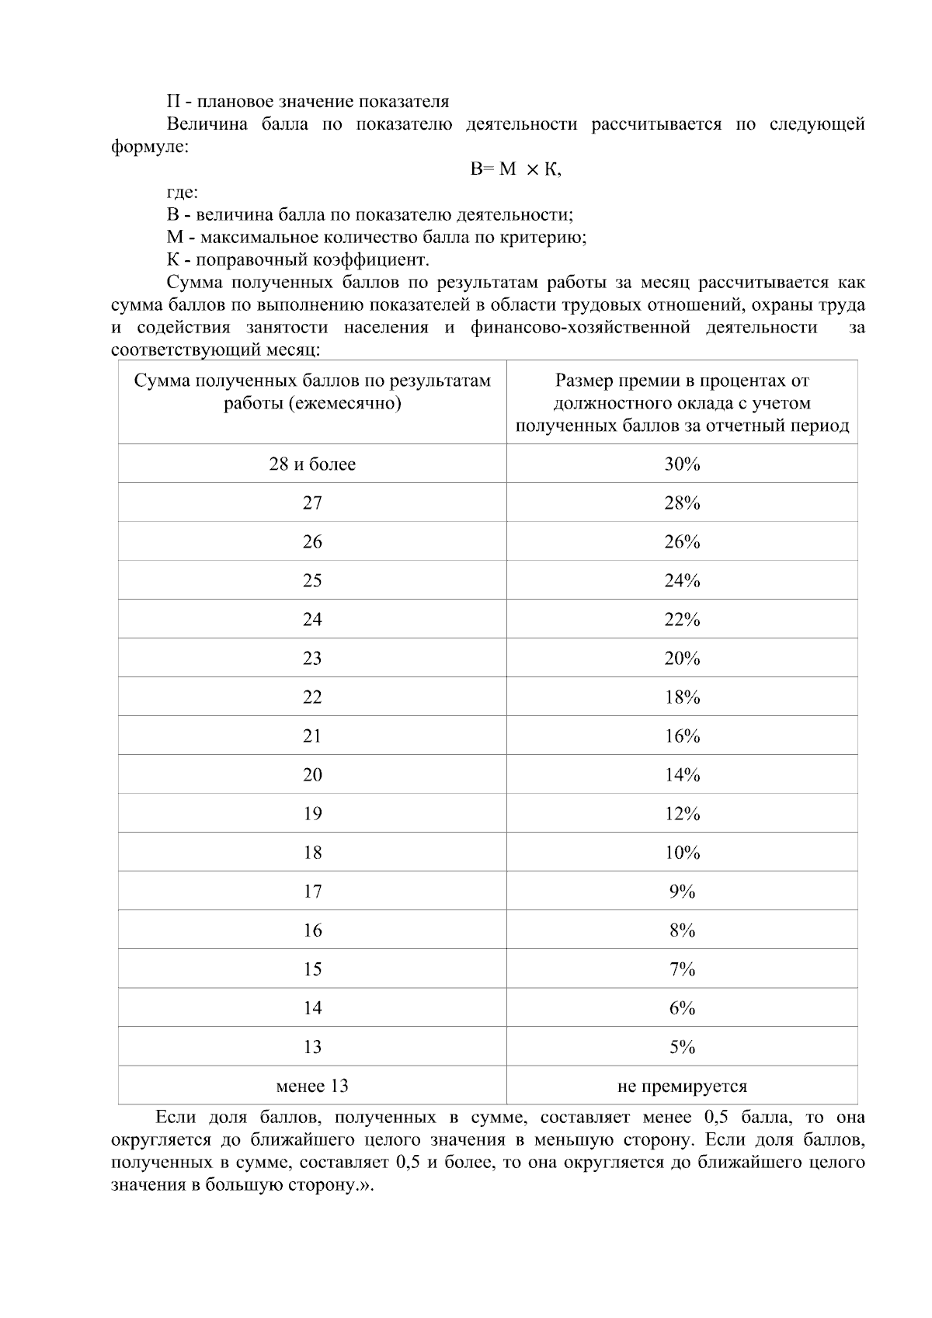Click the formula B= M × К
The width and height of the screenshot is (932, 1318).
(516, 169)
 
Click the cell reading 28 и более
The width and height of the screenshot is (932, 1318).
(312, 464)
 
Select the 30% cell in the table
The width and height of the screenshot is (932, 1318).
(682, 464)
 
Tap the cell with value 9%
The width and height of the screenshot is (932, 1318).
(682, 892)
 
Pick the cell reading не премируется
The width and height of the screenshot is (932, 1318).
(682, 1086)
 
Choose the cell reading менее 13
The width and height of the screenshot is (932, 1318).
(312, 1086)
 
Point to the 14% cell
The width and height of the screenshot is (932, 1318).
(682, 775)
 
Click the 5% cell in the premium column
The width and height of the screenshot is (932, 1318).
(682, 1047)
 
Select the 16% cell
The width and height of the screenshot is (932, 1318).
(682, 736)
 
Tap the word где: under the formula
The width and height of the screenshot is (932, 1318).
(183, 193)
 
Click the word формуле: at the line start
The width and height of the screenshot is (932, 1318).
(150, 147)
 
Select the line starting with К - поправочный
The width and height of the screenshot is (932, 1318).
(297, 259)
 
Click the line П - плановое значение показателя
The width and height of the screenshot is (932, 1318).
(308, 102)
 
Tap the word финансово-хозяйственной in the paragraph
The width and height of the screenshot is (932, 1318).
(580, 328)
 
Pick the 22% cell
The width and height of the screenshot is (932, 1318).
(682, 620)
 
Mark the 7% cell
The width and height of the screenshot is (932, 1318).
(682, 969)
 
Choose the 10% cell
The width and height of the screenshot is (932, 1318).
(682, 853)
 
